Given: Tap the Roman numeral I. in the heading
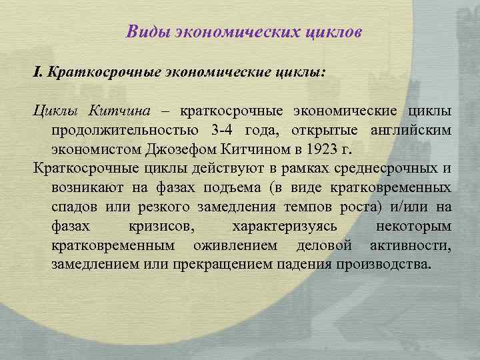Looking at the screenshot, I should (38, 71).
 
